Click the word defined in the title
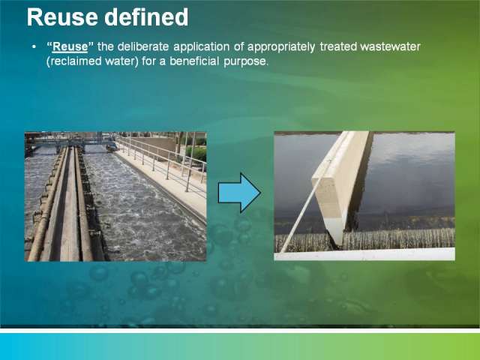[x=146, y=17]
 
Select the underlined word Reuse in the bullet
[x=70, y=46]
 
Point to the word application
[x=202, y=47]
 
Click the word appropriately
[x=281, y=47]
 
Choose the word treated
[x=338, y=46]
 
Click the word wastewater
[x=390, y=46]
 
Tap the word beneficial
[x=194, y=61]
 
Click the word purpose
[x=246, y=62]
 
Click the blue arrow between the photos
[x=239, y=193]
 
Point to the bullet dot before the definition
[x=34, y=46]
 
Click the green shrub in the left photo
[x=196, y=154]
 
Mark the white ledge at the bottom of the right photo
[x=364, y=255]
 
